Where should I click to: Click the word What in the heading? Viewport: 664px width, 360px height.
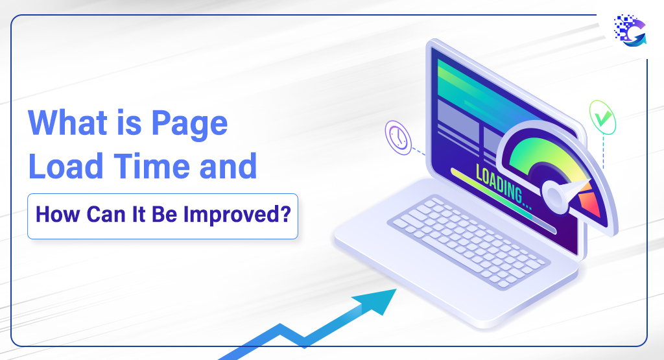[67, 123]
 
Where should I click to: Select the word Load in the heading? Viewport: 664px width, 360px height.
[66, 165]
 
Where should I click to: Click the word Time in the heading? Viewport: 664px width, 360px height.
[152, 165]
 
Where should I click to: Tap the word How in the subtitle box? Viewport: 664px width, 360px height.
[58, 214]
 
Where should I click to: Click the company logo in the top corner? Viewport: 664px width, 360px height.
[630, 30]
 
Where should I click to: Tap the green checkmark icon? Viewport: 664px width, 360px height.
[602, 118]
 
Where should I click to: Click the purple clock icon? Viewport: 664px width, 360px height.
[398, 138]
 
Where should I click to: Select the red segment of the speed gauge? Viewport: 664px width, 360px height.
[590, 204]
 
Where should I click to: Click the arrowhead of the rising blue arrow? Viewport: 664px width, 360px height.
[378, 300]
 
